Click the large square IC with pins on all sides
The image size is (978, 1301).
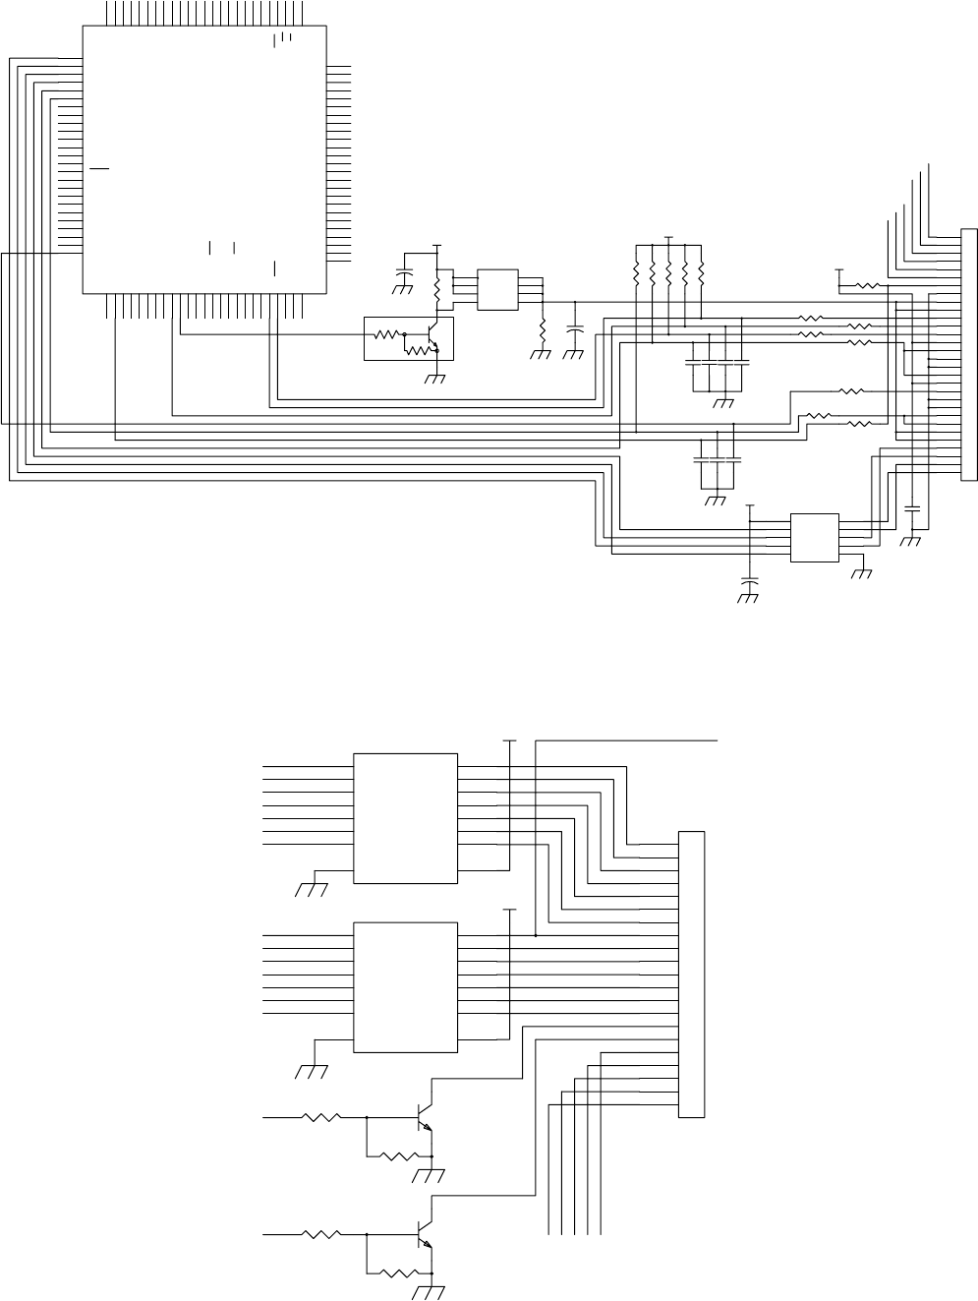pyautogui.click(x=203, y=157)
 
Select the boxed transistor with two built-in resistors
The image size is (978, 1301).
pyautogui.click(x=409, y=338)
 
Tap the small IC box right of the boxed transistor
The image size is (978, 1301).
pyautogui.click(x=497, y=289)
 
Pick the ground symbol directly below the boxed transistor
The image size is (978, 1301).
pyautogui.click(x=433, y=379)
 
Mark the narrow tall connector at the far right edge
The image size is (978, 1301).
pyautogui.click(x=969, y=355)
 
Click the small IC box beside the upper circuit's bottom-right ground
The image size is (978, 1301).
pyautogui.click(x=815, y=537)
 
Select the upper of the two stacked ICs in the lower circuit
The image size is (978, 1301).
pyautogui.click(x=405, y=819)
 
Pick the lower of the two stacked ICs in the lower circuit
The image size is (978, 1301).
pyautogui.click(x=405, y=987)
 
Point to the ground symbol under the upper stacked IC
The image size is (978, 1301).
pyautogui.click(x=311, y=890)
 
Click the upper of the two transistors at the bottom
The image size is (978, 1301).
pyautogui.click(x=425, y=1117)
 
